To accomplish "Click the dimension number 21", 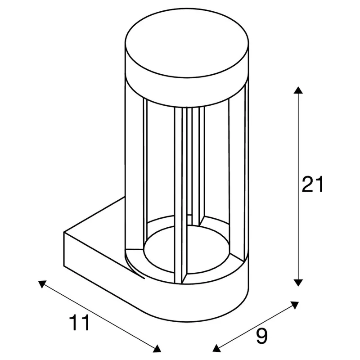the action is (312, 184).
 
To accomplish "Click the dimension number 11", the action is (79, 323).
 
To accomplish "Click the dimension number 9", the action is (261, 336).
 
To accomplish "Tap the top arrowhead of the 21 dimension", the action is (298, 90).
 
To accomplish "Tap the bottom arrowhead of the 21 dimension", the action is (298, 283).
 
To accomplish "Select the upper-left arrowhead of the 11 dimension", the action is (42, 284).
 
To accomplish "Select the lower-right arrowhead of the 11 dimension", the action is (157, 348).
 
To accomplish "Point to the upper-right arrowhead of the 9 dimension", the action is (295, 305).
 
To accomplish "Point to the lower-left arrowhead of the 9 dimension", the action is (216, 348).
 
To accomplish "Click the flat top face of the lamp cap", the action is (187, 43).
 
